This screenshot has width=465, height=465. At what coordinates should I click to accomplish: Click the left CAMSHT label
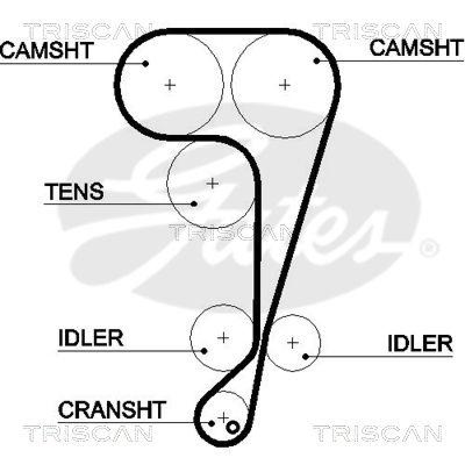[x=46, y=50]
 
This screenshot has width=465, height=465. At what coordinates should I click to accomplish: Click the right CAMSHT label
[x=417, y=48]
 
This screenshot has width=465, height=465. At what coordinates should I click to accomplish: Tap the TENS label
[x=74, y=191]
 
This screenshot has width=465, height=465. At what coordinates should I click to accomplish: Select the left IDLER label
[x=91, y=338]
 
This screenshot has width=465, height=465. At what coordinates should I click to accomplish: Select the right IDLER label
[x=420, y=343]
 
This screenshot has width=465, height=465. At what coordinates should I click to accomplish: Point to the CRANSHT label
[x=112, y=410]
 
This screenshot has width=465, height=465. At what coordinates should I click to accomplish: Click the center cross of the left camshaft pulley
[x=170, y=85]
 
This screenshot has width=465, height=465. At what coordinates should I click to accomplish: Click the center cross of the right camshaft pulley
[x=284, y=85]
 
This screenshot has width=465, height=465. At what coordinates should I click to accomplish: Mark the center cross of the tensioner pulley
[x=213, y=184]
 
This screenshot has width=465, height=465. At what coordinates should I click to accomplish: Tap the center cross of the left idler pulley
[x=224, y=337]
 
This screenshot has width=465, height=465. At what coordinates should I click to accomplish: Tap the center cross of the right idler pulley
[x=292, y=342]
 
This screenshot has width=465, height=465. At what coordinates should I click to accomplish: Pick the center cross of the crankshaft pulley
[x=224, y=417]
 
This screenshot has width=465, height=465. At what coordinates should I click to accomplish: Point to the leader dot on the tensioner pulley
[x=195, y=203]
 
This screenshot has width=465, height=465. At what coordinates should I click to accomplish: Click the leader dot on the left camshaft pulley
[x=146, y=63]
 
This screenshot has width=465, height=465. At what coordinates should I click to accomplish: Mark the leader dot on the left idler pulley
[x=205, y=350]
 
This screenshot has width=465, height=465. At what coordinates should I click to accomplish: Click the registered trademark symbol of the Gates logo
[x=429, y=248]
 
